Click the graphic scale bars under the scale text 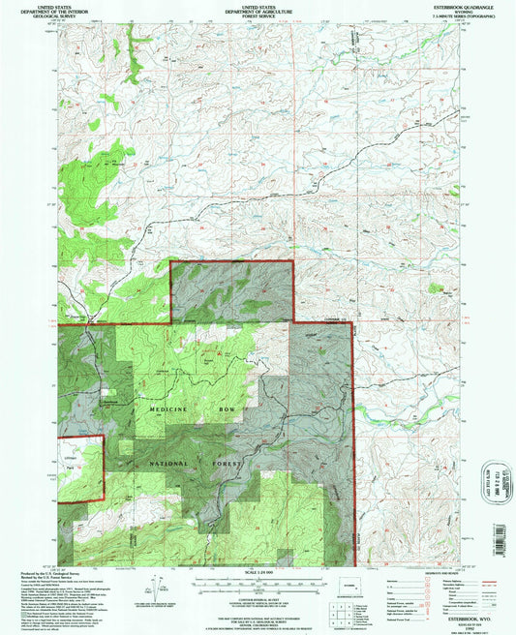(x=257, y=587)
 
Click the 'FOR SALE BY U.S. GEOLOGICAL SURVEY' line (x=257, y=618)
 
